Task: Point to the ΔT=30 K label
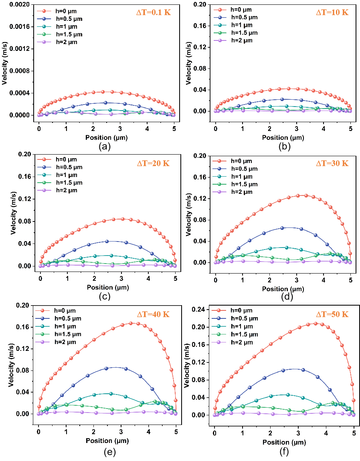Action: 332,163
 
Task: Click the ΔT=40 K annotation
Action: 153,314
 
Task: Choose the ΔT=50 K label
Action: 332,314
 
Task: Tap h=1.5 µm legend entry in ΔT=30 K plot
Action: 244,184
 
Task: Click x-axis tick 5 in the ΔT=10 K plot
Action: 350,130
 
